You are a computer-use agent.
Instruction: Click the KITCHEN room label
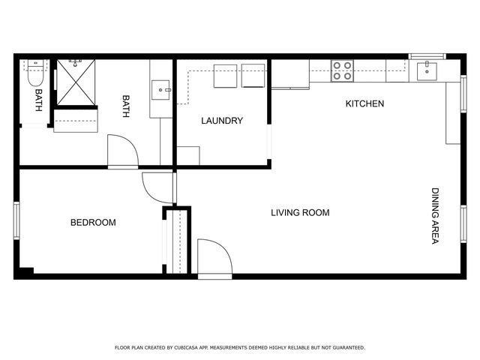point(364,103)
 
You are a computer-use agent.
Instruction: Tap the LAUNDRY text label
point(222,121)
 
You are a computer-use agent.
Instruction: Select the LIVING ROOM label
point(300,213)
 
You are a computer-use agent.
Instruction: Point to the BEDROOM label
point(93,223)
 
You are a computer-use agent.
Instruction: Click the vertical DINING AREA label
point(435,215)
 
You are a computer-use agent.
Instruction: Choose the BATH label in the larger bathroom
point(126,106)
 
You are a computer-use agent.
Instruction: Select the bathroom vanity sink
point(161,91)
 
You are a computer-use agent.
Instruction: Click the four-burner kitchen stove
point(342,70)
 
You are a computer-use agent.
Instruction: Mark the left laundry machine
point(226,76)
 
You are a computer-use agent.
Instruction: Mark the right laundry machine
point(253,76)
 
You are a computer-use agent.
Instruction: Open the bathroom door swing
point(123,151)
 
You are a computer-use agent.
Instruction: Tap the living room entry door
point(213,257)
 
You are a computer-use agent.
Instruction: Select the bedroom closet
point(178,241)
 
